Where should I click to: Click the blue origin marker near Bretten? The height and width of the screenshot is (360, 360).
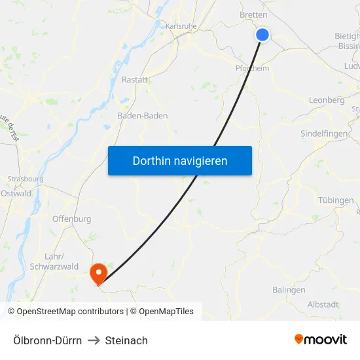pyautogui.click(x=262, y=35)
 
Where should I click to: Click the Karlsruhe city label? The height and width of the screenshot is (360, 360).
pyautogui.click(x=181, y=26)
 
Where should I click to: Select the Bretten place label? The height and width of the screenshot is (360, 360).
pyautogui.click(x=253, y=14)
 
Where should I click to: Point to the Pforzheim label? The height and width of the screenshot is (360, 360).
pyautogui.click(x=252, y=67)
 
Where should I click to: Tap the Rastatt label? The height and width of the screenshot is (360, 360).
pyautogui.click(x=135, y=79)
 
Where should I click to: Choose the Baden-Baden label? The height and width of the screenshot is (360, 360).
pyautogui.click(x=142, y=115)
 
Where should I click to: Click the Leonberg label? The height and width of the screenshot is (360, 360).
pyautogui.click(x=326, y=100)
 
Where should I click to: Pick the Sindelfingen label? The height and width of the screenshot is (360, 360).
pyautogui.click(x=323, y=134)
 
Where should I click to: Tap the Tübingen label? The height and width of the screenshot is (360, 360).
pyautogui.click(x=335, y=200)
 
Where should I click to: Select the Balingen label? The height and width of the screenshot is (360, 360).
pyautogui.click(x=289, y=289)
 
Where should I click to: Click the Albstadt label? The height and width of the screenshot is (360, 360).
pyautogui.click(x=323, y=304)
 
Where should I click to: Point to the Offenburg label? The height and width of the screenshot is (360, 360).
pyautogui.click(x=71, y=219)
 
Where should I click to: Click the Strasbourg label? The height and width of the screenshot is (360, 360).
pyautogui.click(x=25, y=179)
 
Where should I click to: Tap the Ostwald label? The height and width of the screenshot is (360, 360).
pyautogui.click(x=16, y=193)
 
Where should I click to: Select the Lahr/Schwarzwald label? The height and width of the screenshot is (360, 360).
pyautogui.click(x=54, y=261)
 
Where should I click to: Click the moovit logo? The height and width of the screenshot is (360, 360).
pyautogui.click(x=321, y=340)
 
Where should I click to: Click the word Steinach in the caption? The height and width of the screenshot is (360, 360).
pyautogui.click(x=126, y=340)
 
